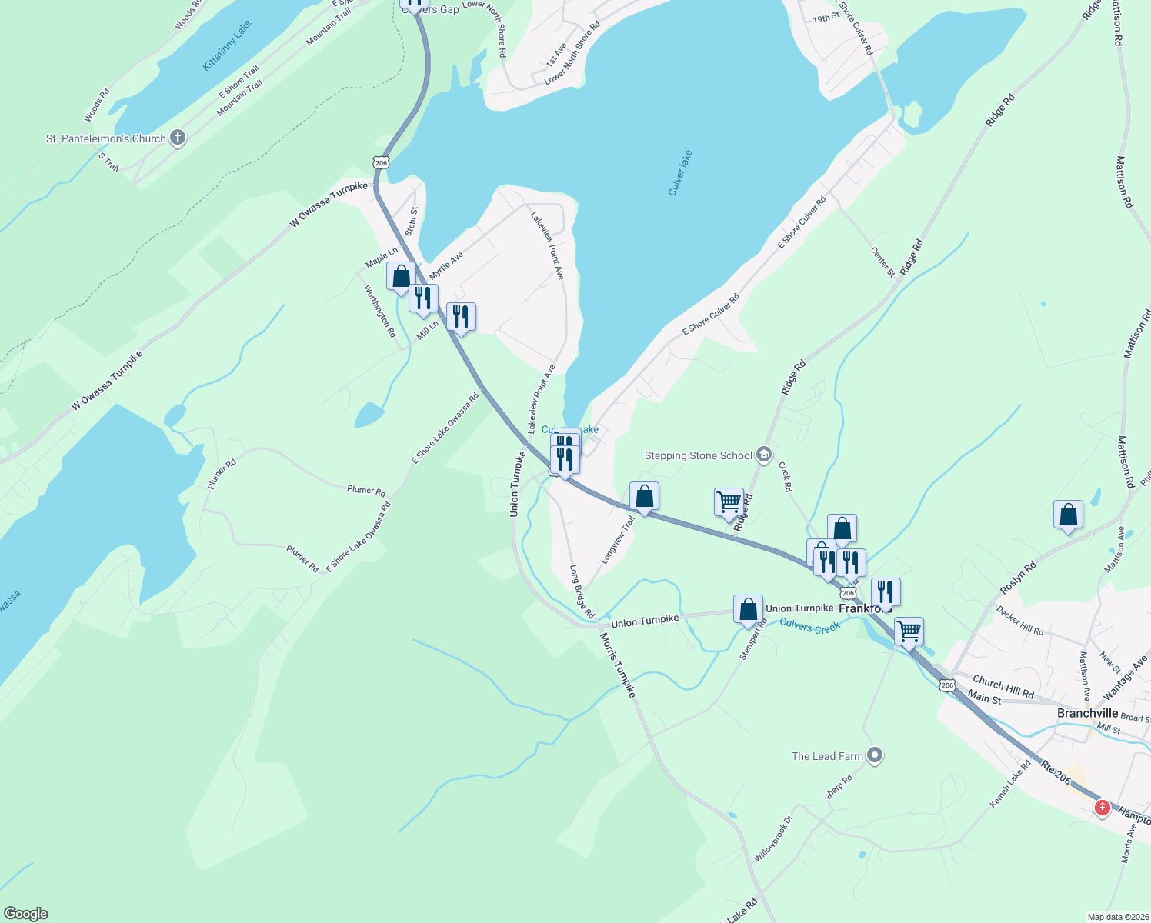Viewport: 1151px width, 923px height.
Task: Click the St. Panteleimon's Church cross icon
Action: tap(178, 138)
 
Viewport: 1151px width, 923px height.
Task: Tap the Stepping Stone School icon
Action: tap(763, 455)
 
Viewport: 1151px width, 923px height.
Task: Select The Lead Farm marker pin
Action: tap(874, 756)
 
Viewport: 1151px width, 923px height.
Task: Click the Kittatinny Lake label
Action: tap(226, 46)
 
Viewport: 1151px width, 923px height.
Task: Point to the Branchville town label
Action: tap(1087, 713)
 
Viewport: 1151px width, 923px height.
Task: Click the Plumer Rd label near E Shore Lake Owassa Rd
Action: tap(366, 490)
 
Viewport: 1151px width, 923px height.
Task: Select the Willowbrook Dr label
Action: tap(773, 838)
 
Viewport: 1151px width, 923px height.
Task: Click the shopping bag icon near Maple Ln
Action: tap(401, 276)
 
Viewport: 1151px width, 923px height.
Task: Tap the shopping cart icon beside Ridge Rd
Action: tap(729, 502)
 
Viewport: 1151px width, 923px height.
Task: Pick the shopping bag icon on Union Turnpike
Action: tap(748, 609)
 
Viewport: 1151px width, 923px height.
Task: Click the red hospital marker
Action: tap(1102, 808)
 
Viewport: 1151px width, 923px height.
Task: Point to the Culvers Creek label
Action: tap(809, 626)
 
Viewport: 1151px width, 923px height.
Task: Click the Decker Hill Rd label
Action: tap(1019, 620)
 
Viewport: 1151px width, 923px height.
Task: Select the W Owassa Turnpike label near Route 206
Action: tap(329, 205)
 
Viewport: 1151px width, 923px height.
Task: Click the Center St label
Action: tap(882, 262)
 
